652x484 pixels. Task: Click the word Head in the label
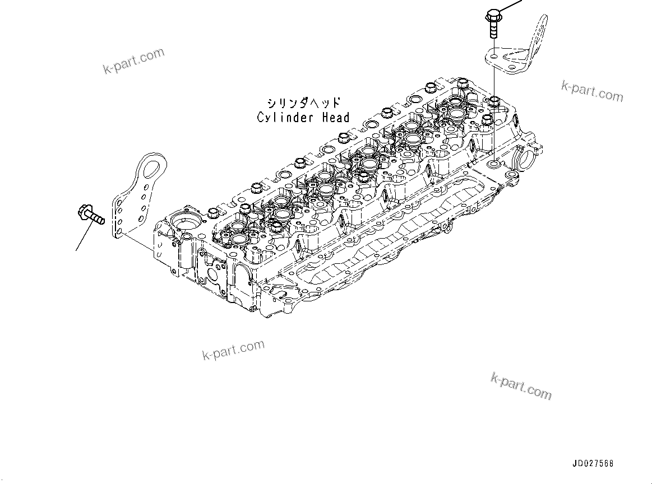[x=335, y=118]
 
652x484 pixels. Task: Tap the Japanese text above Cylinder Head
[x=303, y=104]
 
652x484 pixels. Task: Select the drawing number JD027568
[x=593, y=464]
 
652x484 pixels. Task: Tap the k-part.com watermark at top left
[x=134, y=61]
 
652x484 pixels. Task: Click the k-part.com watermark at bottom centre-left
[x=233, y=349]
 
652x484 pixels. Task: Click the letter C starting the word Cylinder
[x=261, y=118]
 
